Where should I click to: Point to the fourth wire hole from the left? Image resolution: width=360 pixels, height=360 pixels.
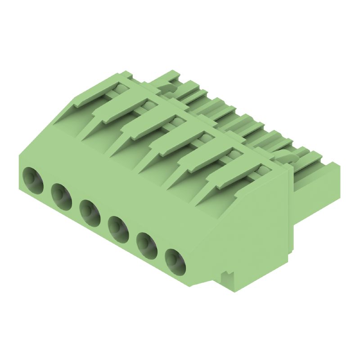[x=118, y=229]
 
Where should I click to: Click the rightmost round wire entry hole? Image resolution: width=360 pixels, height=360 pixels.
[x=175, y=262]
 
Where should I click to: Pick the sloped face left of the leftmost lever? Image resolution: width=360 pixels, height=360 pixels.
[x=67, y=112]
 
